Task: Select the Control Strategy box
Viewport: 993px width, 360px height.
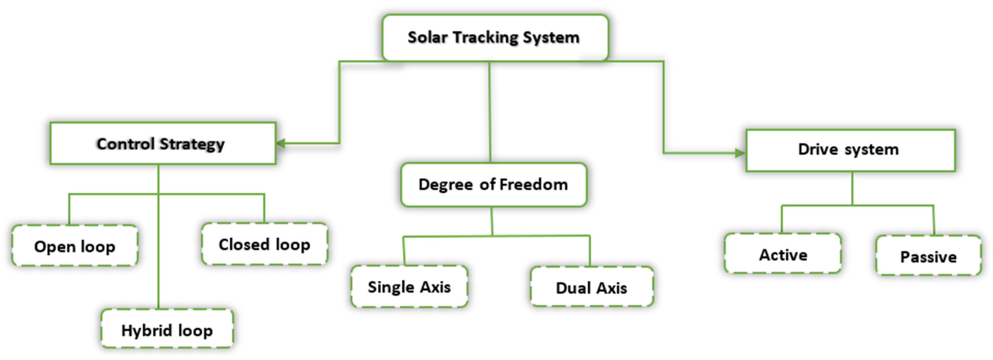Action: pos(163,144)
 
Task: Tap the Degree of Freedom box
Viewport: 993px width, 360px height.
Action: pos(494,185)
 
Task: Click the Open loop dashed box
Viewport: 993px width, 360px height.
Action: pos(75,246)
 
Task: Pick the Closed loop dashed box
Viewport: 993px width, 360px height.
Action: pos(265,244)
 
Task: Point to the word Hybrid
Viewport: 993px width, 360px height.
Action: pos(147,330)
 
